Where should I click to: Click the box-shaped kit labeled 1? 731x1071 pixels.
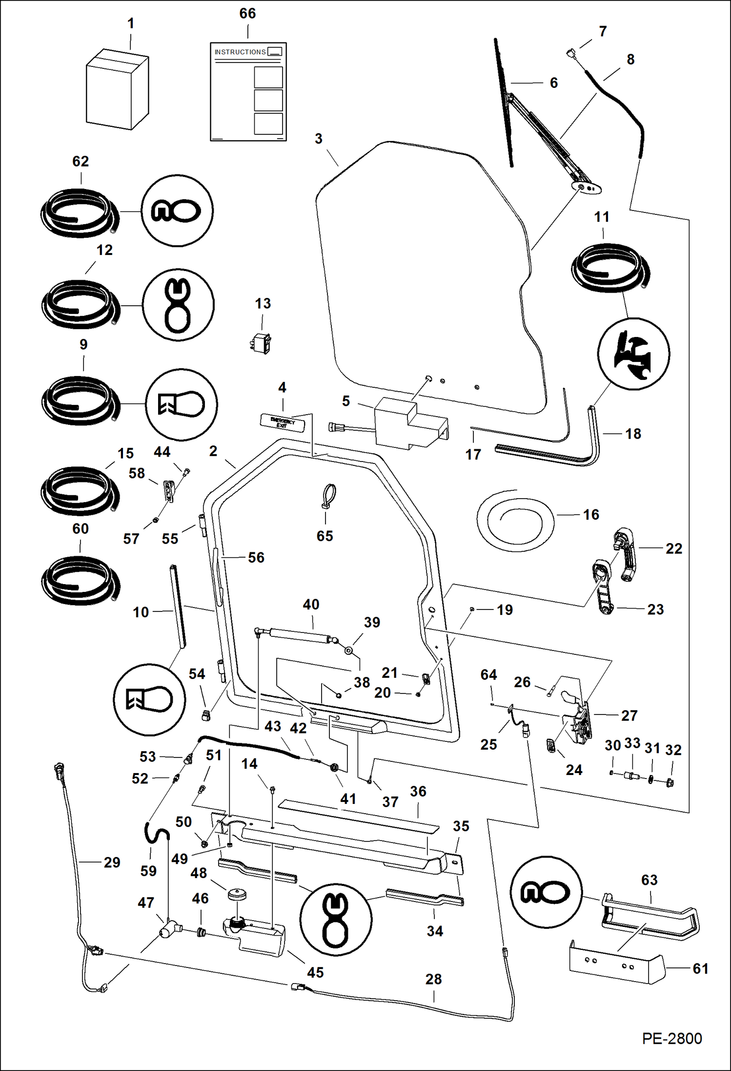[117, 90]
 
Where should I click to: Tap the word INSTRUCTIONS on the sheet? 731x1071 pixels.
[240, 52]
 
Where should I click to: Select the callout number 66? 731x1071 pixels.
[247, 14]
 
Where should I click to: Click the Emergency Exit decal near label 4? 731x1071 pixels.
[283, 422]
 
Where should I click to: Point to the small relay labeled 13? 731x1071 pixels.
[261, 343]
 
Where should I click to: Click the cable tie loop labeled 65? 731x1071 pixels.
[329, 496]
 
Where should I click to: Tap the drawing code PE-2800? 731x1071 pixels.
[671, 1038]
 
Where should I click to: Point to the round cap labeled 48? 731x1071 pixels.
[237, 894]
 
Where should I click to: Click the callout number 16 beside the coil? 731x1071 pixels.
[590, 514]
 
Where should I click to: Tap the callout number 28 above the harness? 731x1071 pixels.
[433, 979]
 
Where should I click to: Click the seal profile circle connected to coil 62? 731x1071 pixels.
[177, 210]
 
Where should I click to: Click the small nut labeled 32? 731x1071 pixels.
[670, 782]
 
